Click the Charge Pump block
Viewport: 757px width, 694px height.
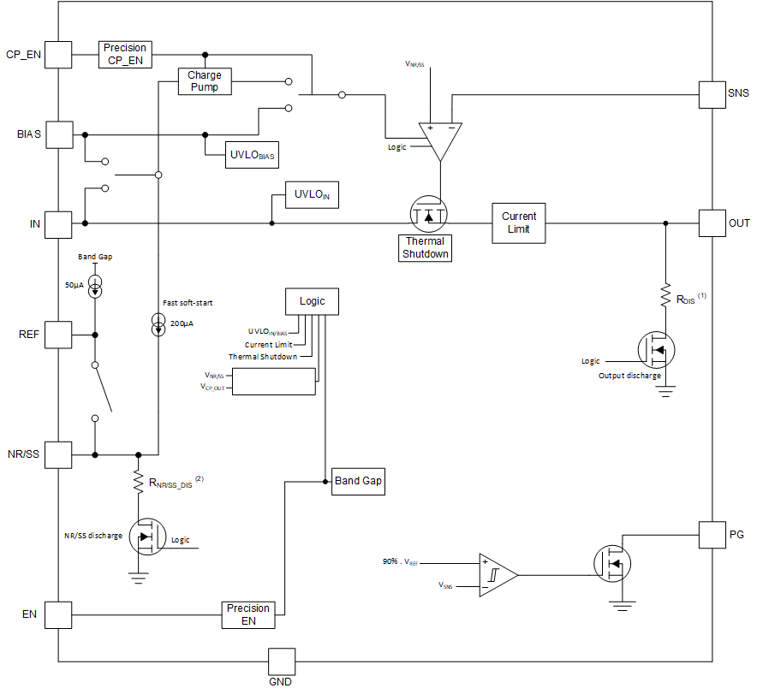click(205, 81)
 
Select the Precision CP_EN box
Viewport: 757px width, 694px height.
click(126, 54)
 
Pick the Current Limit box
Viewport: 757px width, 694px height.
click(519, 222)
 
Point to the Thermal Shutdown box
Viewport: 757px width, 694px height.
click(426, 247)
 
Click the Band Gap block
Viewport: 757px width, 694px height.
click(358, 481)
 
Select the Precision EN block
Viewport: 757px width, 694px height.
click(248, 614)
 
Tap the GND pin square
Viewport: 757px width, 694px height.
click(281, 661)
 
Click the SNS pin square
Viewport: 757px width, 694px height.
click(713, 94)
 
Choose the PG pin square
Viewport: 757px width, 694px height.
click(713, 534)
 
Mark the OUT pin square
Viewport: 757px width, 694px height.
click(713, 223)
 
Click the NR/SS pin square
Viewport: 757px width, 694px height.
click(58, 454)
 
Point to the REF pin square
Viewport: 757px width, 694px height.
click(58, 335)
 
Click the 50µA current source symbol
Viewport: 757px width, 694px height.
click(95, 288)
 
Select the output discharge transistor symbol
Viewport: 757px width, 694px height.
click(657, 349)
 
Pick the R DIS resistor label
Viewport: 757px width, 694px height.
click(687, 300)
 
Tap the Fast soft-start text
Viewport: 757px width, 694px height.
click(188, 303)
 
